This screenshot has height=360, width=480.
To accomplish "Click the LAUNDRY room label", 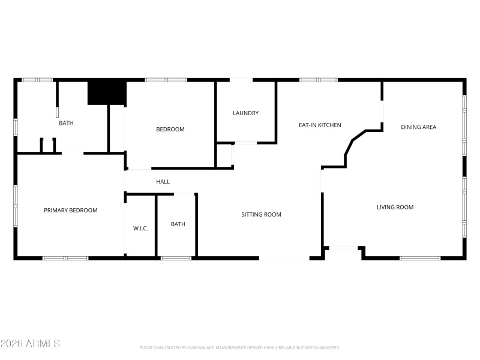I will coord(245,113).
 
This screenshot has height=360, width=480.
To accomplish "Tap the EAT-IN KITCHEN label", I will coord(320,125).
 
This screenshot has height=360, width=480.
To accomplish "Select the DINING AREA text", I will coord(418,127).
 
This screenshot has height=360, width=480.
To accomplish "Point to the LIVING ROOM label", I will coord(395,207).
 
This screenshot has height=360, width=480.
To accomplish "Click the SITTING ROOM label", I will coord(261,214).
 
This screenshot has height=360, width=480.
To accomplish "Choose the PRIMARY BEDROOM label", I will coord(70,211).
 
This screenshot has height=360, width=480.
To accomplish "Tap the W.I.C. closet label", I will coord(140,228).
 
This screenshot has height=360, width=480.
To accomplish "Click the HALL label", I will coord(163,182).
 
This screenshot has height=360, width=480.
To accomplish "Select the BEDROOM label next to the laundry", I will coord(170,129).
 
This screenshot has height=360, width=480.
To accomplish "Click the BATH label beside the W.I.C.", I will coord(178,224).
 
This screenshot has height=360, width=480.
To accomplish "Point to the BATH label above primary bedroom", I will coord(66,123).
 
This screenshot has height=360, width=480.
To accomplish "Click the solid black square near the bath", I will coord(107,93).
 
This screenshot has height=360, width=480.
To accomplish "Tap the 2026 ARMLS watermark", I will coord(30,344).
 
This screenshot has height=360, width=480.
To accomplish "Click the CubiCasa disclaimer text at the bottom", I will coord(239,347).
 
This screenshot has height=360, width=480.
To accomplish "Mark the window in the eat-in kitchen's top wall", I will coord(318,79).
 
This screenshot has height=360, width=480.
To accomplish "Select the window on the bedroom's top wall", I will coord(166,79).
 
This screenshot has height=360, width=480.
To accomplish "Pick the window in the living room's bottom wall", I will coord(419,258).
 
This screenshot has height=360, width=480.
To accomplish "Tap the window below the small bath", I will coord(176,258).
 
